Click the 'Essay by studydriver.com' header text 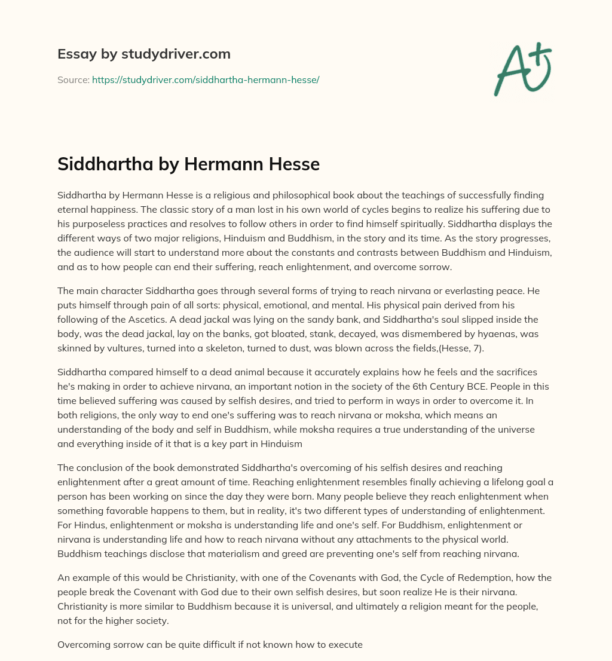(x=144, y=54)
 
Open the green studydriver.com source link (x=206, y=79)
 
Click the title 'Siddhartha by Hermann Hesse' (x=188, y=164)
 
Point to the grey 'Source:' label (x=73, y=79)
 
